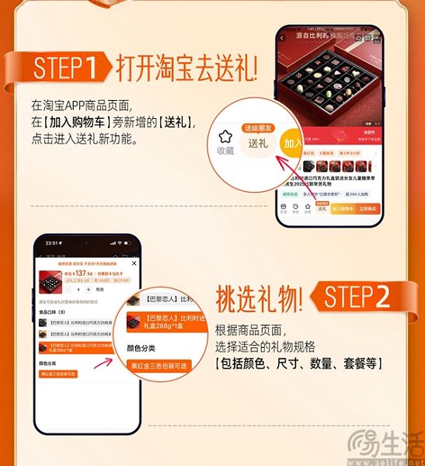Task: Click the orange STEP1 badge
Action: click(66, 68)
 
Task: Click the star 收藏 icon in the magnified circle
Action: click(225, 141)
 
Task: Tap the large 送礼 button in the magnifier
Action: click(257, 142)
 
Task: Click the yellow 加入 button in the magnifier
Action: click(292, 144)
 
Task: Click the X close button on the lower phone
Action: click(134, 263)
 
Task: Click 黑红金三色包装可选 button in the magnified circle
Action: click(158, 365)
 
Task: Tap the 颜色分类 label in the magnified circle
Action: click(143, 348)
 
